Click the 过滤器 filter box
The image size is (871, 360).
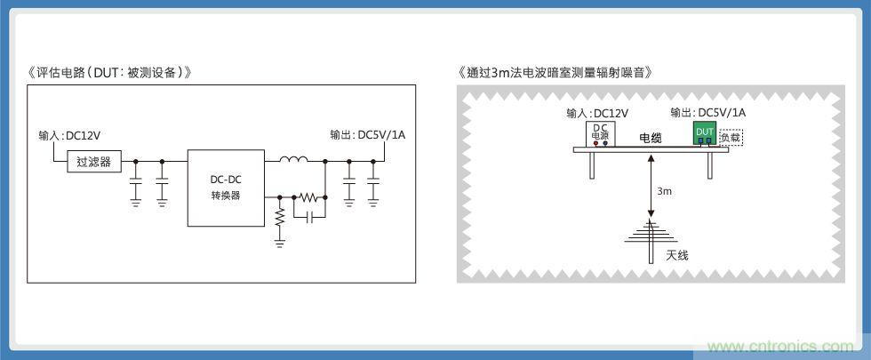point(93,161)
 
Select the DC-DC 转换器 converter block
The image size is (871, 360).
point(226,188)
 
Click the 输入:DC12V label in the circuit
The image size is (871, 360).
point(68,136)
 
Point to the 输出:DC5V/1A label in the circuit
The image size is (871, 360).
point(373,136)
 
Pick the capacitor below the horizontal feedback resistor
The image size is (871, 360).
point(308,215)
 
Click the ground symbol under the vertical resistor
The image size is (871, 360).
point(280,240)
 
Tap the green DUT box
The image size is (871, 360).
point(705,133)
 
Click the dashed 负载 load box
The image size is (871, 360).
point(730,137)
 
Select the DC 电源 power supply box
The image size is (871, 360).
point(600,133)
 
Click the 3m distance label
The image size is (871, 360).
point(664,191)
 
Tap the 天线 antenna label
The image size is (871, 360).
point(677,255)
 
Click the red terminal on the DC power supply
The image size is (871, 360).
point(595,142)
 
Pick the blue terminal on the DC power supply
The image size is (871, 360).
point(605,142)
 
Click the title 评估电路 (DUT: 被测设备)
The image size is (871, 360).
point(109,72)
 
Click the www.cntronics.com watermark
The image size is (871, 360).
point(782,346)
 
